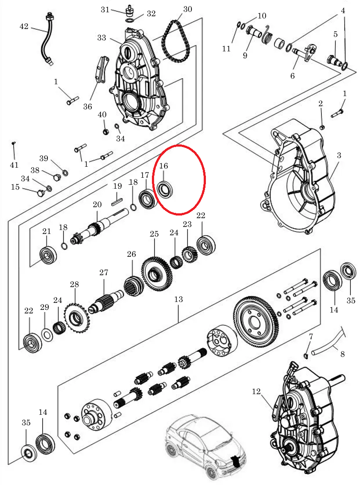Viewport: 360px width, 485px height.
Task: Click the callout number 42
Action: pos(24,26)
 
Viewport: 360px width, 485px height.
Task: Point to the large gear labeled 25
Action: pos(156,274)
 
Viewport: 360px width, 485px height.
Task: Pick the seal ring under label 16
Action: pos(165,190)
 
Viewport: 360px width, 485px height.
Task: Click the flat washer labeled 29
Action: pos(47,335)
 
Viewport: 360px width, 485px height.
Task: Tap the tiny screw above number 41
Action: pos(13,143)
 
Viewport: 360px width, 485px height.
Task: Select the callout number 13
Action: pos(178,299)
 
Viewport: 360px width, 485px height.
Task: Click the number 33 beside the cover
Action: pos(101,38)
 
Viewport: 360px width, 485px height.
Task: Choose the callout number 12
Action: pos(256,392)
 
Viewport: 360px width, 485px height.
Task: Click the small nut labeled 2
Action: pos(322,127)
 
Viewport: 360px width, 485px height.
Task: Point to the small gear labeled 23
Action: pos(188,254)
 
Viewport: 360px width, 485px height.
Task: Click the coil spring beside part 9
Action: pos(267,37)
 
